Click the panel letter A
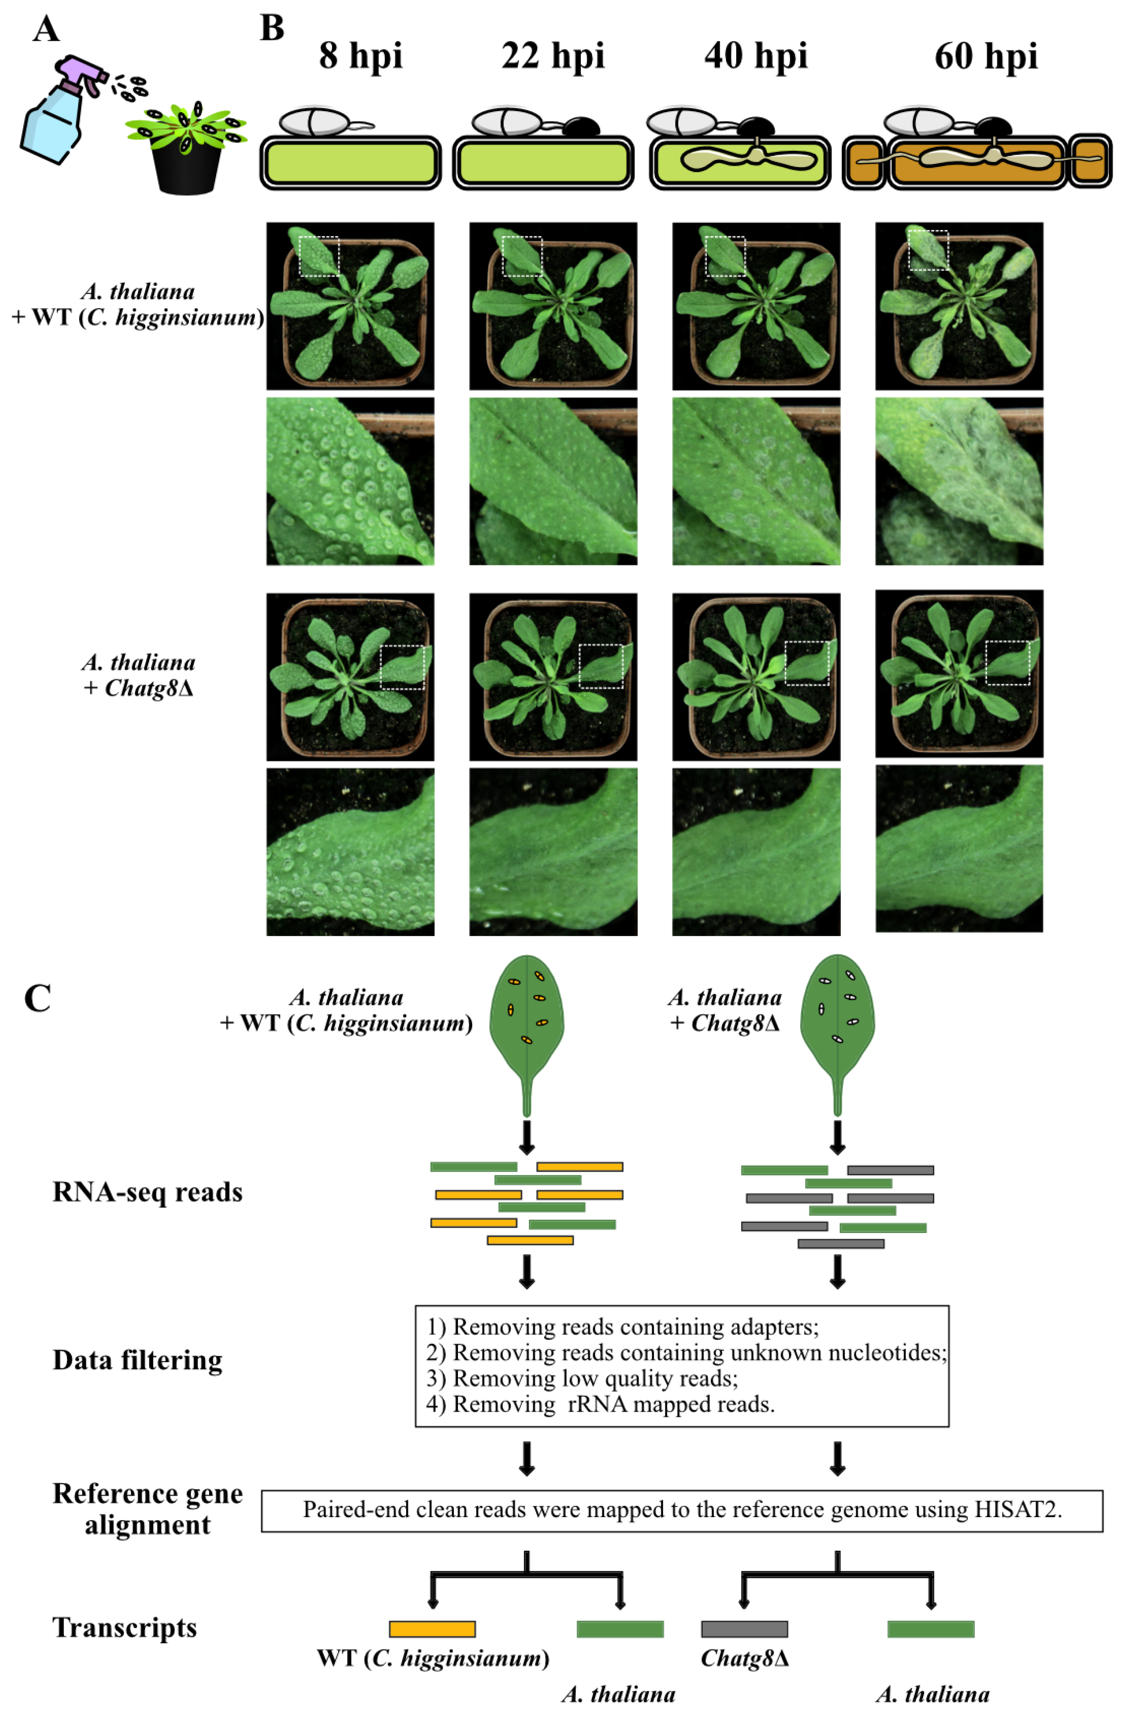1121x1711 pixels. [46, 30]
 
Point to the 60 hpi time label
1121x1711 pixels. [985, 56]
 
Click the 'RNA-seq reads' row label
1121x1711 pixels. [147, 1192]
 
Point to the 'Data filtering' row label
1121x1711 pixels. [137, 1360]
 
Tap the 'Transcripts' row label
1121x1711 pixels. [124, 1627]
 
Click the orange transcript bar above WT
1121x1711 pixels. [432, 1628]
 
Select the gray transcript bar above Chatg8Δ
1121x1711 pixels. [744, 1628]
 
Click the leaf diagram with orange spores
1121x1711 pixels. [526, 1021]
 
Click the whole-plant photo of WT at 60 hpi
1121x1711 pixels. [958, 306]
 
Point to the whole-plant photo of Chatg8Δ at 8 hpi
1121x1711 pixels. [350, 677]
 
